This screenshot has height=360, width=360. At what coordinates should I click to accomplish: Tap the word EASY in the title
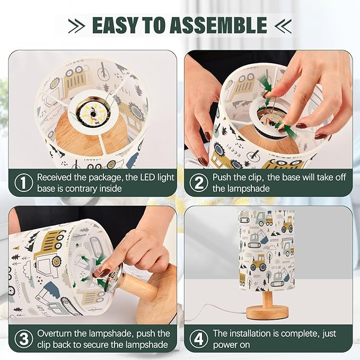coord(115,25)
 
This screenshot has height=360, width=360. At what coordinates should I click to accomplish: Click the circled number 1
coord(24,183)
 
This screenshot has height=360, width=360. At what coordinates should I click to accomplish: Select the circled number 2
coord(199,183)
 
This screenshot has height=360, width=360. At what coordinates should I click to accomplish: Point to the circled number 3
coord(24,339)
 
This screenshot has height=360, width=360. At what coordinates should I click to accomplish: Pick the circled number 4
coord(199,339)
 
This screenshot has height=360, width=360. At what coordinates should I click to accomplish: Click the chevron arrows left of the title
coord(77,25)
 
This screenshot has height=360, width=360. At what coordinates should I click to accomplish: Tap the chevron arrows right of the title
coord(283,25)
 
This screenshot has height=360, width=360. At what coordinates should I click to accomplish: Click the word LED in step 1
coord(147,177)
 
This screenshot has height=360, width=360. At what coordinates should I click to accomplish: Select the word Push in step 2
coord(222,177)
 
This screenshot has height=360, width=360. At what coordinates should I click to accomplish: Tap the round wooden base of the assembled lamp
coord(267,312)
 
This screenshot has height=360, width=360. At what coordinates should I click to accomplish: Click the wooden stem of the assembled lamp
coord(267,298)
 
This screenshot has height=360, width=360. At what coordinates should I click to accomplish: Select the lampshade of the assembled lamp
coord(266,250)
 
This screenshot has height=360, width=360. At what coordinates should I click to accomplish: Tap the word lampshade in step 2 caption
coord(241,189)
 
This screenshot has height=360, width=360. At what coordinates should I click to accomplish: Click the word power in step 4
coord(226,345)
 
